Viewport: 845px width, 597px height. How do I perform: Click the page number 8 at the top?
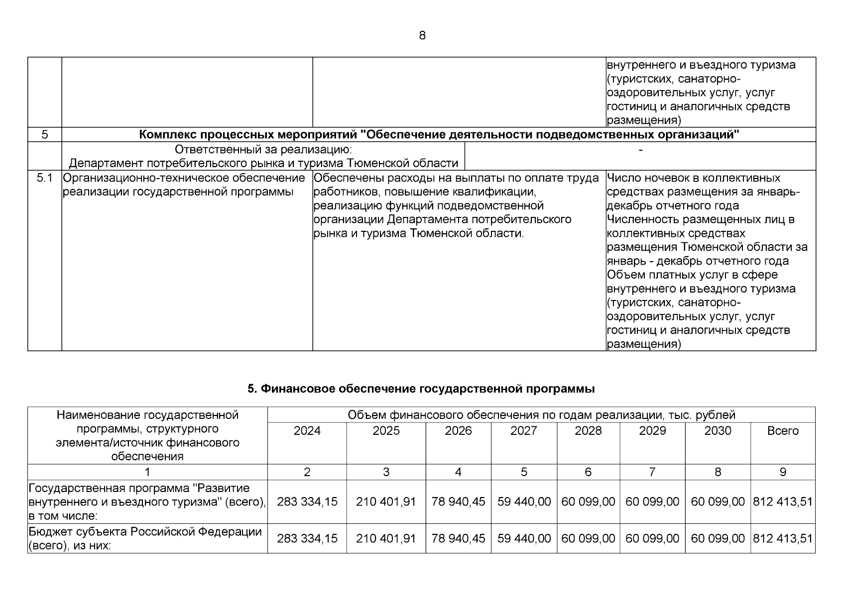point(422,36)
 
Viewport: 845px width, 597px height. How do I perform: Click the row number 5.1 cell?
point(45,178)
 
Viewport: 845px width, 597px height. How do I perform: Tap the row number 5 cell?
point(45,134)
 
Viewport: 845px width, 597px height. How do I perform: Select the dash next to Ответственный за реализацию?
point(640,150)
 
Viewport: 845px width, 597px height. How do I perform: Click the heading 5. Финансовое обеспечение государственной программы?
point(421,389)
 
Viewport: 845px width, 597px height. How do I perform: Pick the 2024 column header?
point(307,431)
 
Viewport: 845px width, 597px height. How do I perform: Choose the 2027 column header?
point(524,431)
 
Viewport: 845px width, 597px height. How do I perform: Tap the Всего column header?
point(783,431)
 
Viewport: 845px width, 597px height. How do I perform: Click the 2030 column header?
point(718,431)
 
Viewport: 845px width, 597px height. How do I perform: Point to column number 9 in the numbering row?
point(783,472)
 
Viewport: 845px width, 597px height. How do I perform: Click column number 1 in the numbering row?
point(147,472)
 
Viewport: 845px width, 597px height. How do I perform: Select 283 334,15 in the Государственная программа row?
point(307,502)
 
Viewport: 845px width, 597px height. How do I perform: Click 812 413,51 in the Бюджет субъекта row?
point(783,538)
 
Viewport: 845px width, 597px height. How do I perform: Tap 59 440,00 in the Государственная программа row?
point(524,502)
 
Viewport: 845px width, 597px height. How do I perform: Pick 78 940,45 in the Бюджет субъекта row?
point(458,538)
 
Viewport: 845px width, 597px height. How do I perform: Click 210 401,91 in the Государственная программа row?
point(386,502)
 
